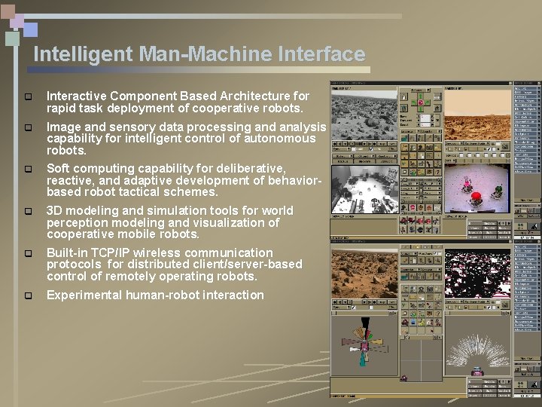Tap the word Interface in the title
click(x=321, y=54)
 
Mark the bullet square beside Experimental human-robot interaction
click(x=28, y=295)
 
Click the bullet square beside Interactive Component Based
click(x=28, y=97)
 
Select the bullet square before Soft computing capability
click(x=28, y=170)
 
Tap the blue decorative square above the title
click(x=29, y=29)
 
